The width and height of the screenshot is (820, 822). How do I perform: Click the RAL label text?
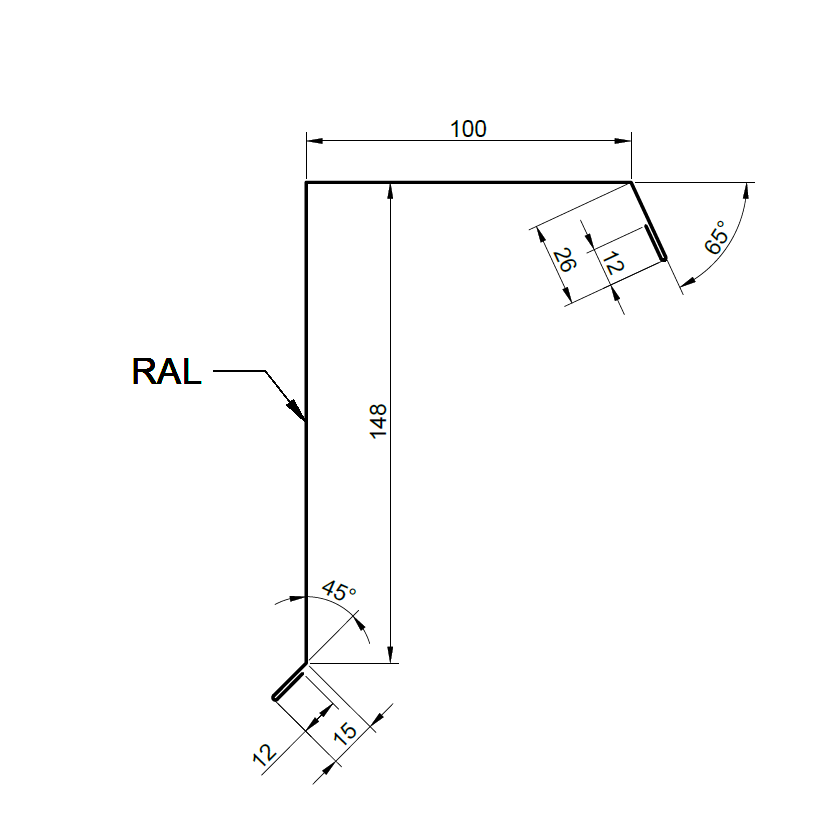pos(166,372)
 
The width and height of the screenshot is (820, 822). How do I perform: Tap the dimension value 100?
pos(468,129)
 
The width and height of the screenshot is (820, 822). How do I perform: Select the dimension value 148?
pos(378,421)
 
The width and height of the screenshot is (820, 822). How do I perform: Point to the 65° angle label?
pos(716,237)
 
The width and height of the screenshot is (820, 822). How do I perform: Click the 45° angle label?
pos(339,591)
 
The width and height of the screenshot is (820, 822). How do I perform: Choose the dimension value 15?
pos(345,734)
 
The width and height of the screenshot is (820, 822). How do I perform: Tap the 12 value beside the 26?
pos(613,263)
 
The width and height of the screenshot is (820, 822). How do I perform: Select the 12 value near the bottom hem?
pos(264,755)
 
